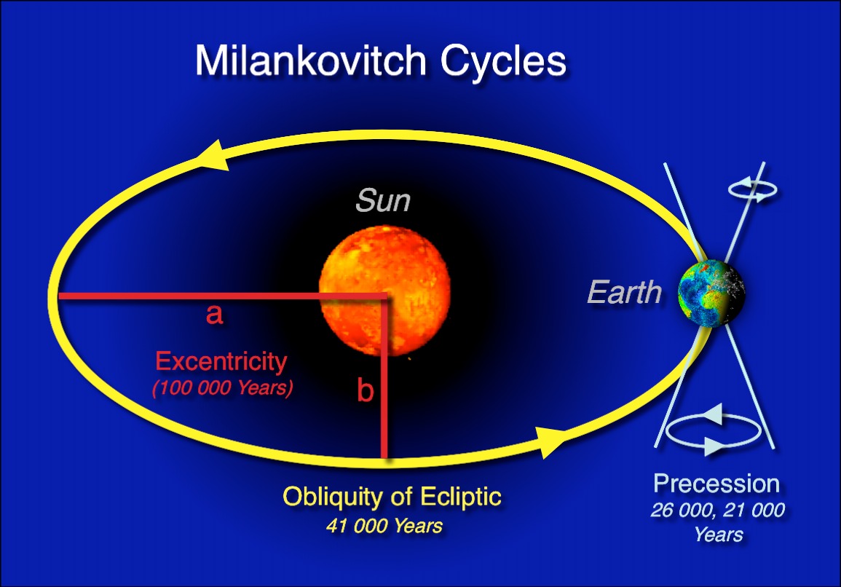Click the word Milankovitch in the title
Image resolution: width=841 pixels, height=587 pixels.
point(309,61)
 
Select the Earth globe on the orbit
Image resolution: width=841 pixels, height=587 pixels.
point(711,295)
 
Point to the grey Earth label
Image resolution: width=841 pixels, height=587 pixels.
point(624,293)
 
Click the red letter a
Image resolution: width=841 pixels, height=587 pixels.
point(213,315)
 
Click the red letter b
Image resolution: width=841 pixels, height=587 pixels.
point(365,391)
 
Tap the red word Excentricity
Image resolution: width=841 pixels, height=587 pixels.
point(222,361)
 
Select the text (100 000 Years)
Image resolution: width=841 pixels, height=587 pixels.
point(222,388)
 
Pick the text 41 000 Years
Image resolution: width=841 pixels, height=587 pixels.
point(384,525)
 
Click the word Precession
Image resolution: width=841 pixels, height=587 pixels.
point(716,484)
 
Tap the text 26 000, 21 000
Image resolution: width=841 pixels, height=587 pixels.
point(717,510)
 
